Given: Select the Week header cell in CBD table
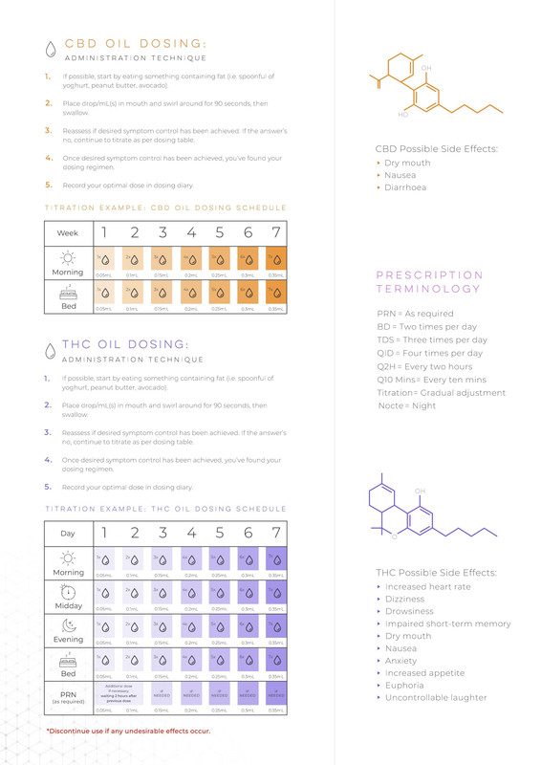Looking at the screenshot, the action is point(68,232).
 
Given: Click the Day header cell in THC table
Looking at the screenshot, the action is point(68,533).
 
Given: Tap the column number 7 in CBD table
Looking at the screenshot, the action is point(275,232).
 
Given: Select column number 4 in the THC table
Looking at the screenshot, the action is point(191,533).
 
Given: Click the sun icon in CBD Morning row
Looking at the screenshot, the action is point(68,256).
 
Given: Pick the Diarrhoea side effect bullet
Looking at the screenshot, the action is point(405,188).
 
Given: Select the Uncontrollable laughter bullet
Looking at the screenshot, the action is point(435,698).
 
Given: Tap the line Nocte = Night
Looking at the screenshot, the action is point(406,406).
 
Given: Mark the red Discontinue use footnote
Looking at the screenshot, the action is point(128,732).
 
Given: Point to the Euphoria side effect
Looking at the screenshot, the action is point(405,686).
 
